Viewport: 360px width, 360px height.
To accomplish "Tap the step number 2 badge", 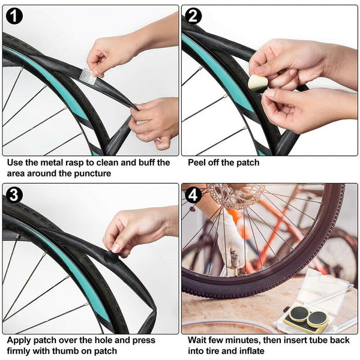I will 194,16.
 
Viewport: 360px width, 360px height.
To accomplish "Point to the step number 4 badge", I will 194,195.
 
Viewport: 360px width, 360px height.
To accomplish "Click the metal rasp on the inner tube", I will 88,76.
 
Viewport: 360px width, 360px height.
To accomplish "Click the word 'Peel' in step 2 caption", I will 198,163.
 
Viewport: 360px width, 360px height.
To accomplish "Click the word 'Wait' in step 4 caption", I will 199,340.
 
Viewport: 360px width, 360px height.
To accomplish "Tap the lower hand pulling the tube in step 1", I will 150,120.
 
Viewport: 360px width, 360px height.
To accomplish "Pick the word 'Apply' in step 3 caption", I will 19,340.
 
